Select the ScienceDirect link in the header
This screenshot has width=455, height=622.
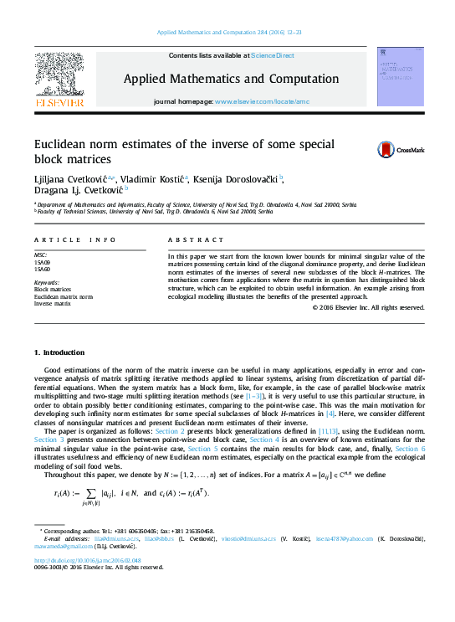[272, 55]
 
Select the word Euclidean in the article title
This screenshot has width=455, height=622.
[64, 143]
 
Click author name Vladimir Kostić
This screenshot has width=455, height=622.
[151, 179]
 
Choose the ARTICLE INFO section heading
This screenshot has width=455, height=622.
[74, 240]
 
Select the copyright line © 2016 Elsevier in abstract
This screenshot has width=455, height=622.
[368, 307]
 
